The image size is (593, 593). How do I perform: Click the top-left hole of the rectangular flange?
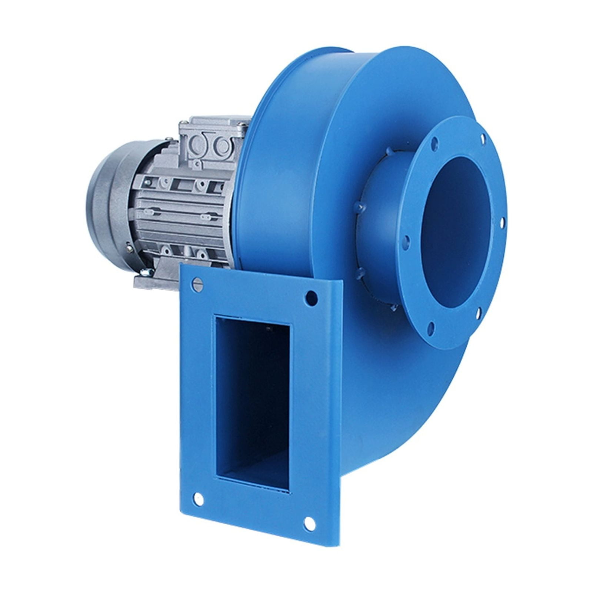[198, 284]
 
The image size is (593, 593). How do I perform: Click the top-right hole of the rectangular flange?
[312, 298]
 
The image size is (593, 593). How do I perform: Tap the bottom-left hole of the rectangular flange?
[199, 499]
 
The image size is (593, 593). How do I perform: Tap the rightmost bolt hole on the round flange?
[503, 223]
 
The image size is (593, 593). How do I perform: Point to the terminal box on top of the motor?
[211, 141]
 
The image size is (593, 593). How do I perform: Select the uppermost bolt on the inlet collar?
[389, 151]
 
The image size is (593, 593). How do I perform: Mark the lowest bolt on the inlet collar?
[393, 307]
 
